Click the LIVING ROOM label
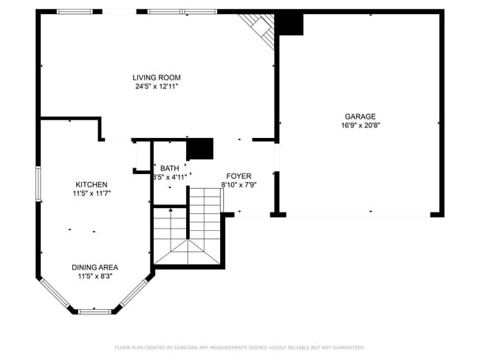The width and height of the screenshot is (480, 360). pyautogui.click(x=157, y=77)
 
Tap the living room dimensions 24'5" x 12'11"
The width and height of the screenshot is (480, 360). pyautogui.click(x=157, y=86)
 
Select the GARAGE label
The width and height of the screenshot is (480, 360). pyautogui.click(x=360, y=117)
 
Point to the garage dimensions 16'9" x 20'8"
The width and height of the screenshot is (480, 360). pyautogui.click(x=360, y=125)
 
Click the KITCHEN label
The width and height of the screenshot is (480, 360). pyautogui.click(x=92, y=184)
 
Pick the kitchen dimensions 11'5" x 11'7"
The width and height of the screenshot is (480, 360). pyautogui.click(x=92, y=193)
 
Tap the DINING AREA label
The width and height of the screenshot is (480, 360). pyautogui.click(x=95, y=267)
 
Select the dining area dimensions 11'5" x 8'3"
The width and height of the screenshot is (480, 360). pyautogui.click(x=95, y=277)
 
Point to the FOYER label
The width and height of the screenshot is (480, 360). pyautogui.click(x=239, y=176)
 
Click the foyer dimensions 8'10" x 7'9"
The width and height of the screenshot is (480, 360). pyautogui.click(x=239, y=184)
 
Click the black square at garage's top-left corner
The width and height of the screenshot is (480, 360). pyautogui.click(x=289, y=24)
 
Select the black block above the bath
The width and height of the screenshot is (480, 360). pyautogui.click(x=199, y=148)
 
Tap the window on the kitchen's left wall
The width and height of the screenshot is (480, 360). pyautogui.click(x=38, y=184)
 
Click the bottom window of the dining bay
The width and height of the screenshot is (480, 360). pyautogui.click(x=95, y=311)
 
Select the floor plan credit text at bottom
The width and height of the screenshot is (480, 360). pyautogui.click(x=239, y=347)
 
